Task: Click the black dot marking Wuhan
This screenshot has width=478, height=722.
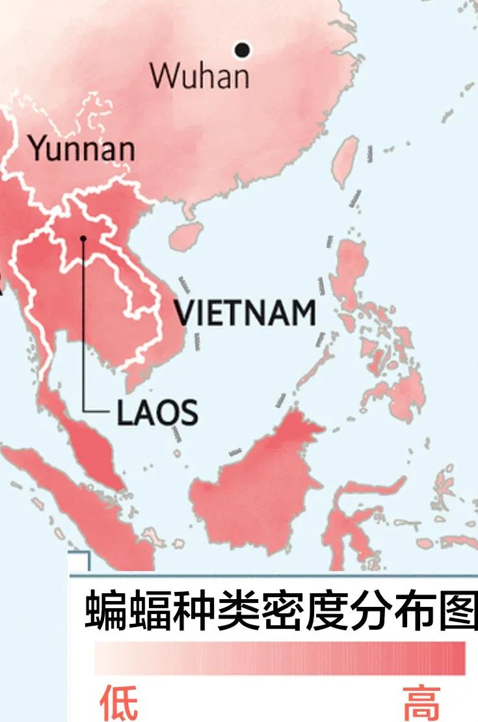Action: (x=243, y=49)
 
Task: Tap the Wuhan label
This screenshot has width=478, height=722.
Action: (x=200, y=75)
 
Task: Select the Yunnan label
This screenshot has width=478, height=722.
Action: (x=82, y=149)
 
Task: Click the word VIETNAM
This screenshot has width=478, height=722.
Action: (x=246, y=313)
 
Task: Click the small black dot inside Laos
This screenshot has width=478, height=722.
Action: (x=83, y=239)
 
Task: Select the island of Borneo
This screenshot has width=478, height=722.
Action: (x=260, y=481)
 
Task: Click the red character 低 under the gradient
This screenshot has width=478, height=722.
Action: (x=118, y=702)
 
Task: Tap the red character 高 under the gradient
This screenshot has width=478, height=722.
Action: (x=421, y=702)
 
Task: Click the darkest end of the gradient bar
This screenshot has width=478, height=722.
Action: (x=459, y=658)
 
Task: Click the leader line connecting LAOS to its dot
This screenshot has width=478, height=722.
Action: (x=84, y=325)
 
